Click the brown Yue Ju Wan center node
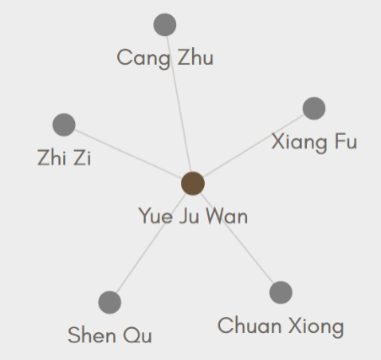pyautogui.click(x=193, y=184)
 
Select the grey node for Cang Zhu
pyautogui.click(x=165, y=24)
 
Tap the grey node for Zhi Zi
pyautogui.click(x=64, y=125)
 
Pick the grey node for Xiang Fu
pyautogui.click(x=314, y=109)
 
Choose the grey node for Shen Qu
pyautogui.click(x=110, y=303)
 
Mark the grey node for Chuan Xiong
pyautogui.click(x=281, y=293)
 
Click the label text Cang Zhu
pyautogui.click(x=165, y=58)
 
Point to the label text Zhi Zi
pyautogui.click(x=64, y=158)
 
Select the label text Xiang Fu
pyautogui.click(x=314, y=142)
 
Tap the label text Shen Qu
pyautogui.click(x=110, y=335)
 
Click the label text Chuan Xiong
pyautogui.click(x=281, y=326)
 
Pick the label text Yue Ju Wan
pyautogui.click(x=193, y=216)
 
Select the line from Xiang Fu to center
pyautogui.click(x=254, y=146)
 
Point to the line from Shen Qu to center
pyautogui.click(x=151, y=243)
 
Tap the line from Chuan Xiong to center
pyautogui.click(x=237, y=238)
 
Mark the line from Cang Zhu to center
pyautogui.click(x=179, y=104)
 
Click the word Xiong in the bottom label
pyautogui.click(x=317, y=327)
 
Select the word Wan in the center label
pyautogui.click(x=227, y=216)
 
